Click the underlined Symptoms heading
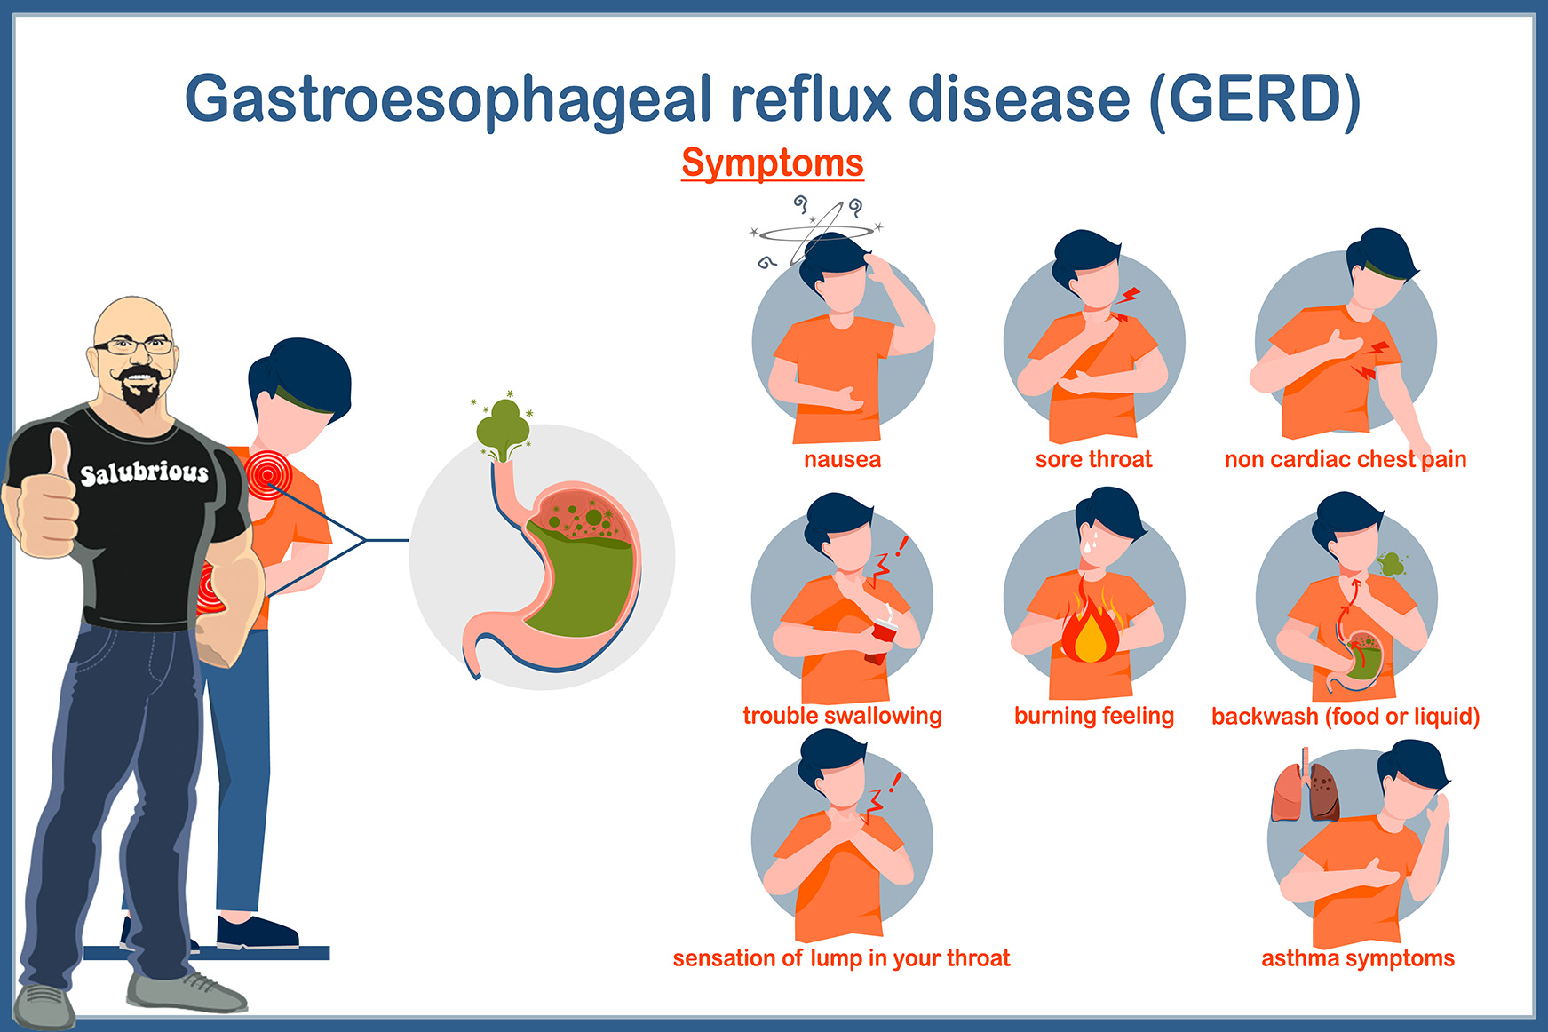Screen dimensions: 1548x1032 point(773,163)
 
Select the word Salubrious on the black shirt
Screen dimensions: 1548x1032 point(145,472)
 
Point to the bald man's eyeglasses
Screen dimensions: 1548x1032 point(134,345)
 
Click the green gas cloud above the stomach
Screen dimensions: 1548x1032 point(503,428)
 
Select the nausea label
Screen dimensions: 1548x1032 point(842,459)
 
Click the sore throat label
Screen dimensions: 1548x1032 point(1093,459)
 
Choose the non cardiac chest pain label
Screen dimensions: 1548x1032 point(1346,459)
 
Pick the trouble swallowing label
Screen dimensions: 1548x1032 point(842,716)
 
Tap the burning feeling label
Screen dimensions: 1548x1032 point(1094,716)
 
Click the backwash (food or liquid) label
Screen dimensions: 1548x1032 point(1346,716)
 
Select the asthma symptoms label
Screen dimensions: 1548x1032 point(1358,958)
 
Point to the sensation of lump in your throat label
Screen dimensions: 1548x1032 point(841,958)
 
